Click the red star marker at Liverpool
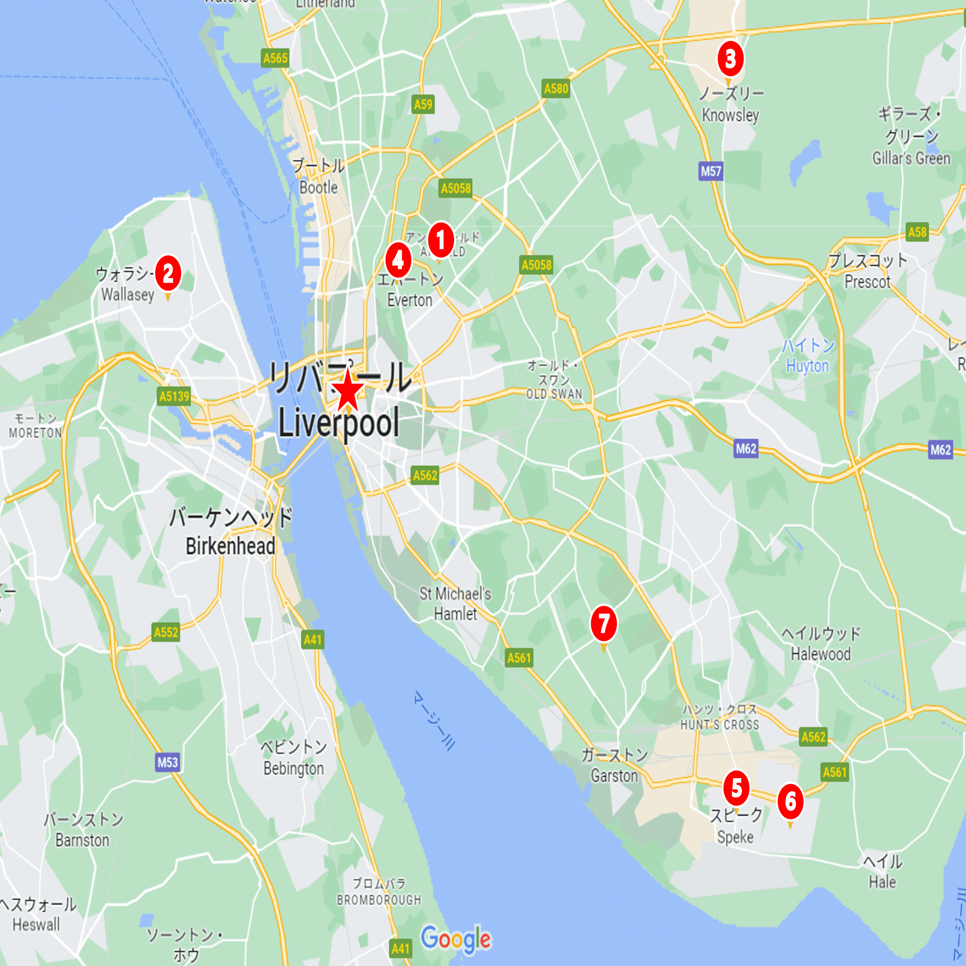tap(347, 392)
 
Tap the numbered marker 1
tap(440, 240)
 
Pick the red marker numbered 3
tap(730, 58)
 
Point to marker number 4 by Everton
tap(398, 259)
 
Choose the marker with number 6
tap(790, 801)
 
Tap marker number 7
tap(603, 624)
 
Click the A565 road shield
tap(275, 58)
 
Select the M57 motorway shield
tap(710, 171)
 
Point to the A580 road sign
tap(556, 89)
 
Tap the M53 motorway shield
tap(168, 762)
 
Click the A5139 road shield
tap(174, 397)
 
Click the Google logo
tap(455, 939)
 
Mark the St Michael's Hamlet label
tap(455, 603)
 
